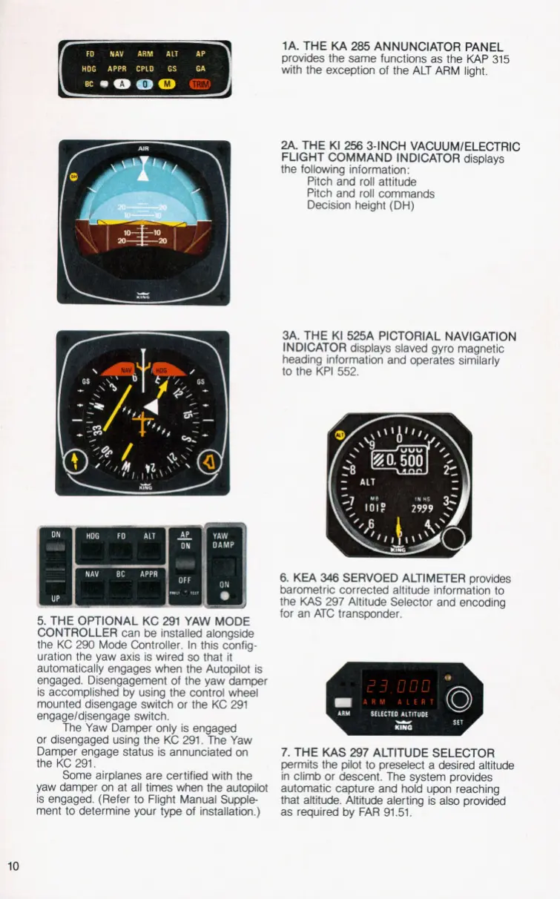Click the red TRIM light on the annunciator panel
coord(200,84)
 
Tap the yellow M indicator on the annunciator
coord(168,84)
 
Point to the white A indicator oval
coord(117,84)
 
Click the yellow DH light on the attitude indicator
coord(73,177)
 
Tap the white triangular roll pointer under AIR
coord(143,174)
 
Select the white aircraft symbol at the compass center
coord(151,405)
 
